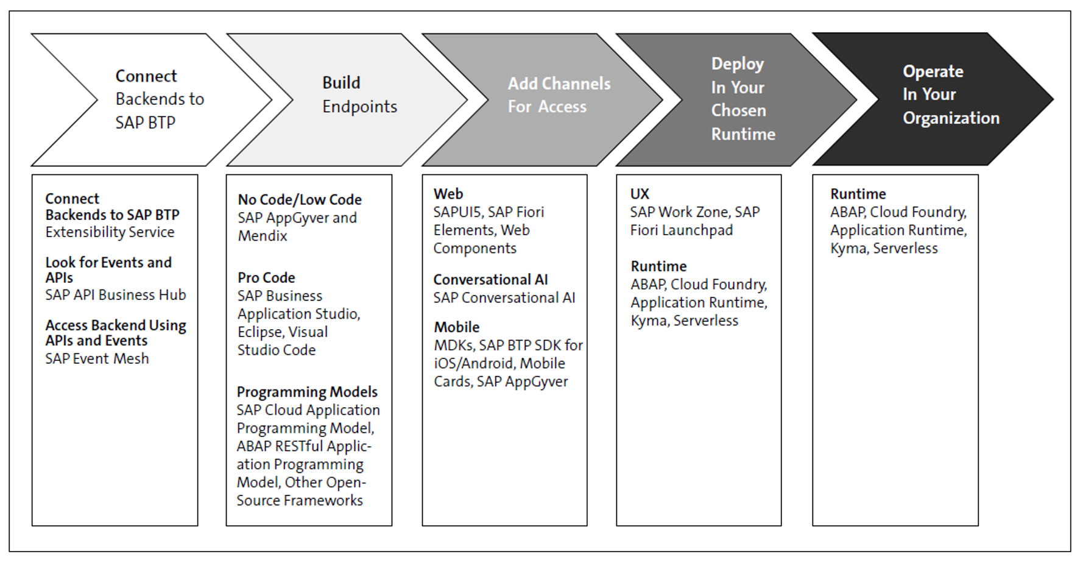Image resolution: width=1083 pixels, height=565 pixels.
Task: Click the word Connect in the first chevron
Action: (146, 76)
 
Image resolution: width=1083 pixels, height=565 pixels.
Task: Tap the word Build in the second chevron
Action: (341, 83)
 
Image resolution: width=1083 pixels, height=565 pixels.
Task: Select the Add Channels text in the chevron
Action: (559, 84)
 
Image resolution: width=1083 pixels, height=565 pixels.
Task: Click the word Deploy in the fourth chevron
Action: (737, 64)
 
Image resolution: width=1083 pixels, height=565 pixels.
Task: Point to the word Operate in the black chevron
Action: (933, 71)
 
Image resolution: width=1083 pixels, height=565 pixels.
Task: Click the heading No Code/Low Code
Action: (300, 199)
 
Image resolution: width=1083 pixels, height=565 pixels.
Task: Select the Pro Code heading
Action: (266, 278)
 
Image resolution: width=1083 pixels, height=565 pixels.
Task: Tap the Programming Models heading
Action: (307, 392)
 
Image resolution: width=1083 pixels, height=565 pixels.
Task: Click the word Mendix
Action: (263, 236)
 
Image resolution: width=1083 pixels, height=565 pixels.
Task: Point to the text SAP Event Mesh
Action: (97, 358)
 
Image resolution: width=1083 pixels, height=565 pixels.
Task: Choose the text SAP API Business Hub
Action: (116, 295)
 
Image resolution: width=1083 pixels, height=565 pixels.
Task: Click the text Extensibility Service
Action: (110, 232)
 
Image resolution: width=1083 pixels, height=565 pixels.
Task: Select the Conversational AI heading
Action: (490, 280)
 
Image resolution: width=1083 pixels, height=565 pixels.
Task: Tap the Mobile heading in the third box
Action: (456, 327)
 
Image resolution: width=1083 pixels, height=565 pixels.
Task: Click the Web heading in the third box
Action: (448, 194)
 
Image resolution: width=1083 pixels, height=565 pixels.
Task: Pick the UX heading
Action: (640, 194)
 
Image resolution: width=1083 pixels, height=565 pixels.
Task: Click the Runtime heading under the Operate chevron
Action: (858, 194)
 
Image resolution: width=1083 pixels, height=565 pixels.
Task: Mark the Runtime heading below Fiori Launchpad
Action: (658, 266)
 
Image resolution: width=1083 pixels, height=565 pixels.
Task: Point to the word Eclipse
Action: (260, 332)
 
